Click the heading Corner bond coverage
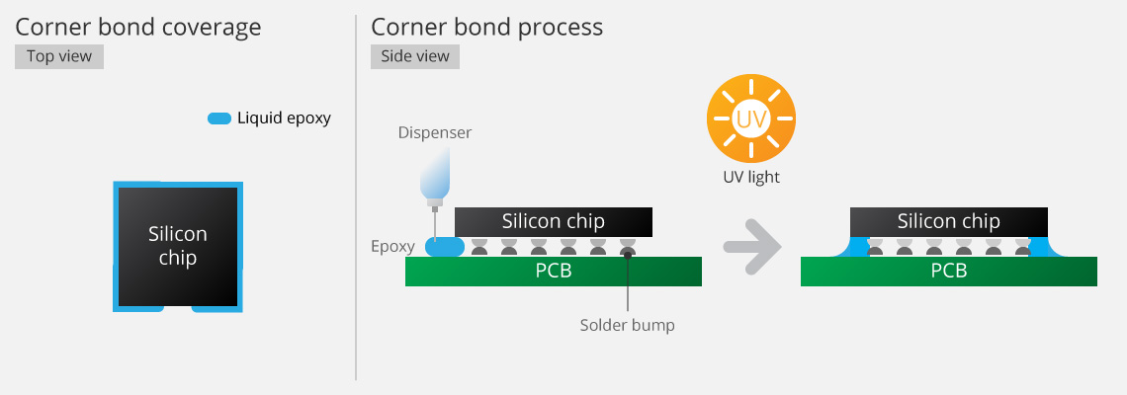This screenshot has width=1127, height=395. (x=138, y=27)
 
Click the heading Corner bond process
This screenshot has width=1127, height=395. (x=486, y=27)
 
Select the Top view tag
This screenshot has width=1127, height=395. (x=59, y=56)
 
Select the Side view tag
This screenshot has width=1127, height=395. (x=415, y=56)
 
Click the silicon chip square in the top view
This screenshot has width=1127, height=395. (x=178, y=246)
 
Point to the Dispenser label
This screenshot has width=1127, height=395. (x=435, y=132)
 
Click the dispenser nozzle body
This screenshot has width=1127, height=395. (x=434, y=178)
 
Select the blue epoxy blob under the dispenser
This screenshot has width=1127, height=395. (x=444, y=247)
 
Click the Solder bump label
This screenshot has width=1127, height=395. (x=627, y=325)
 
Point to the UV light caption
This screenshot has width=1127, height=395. (x=751, y=178)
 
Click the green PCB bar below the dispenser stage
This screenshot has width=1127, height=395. (x=554, y=272)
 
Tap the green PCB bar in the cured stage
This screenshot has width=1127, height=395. (x=949, y=272)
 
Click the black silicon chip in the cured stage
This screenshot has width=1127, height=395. (x=949, y=222)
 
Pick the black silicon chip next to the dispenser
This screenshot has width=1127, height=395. (x=554, y=221)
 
